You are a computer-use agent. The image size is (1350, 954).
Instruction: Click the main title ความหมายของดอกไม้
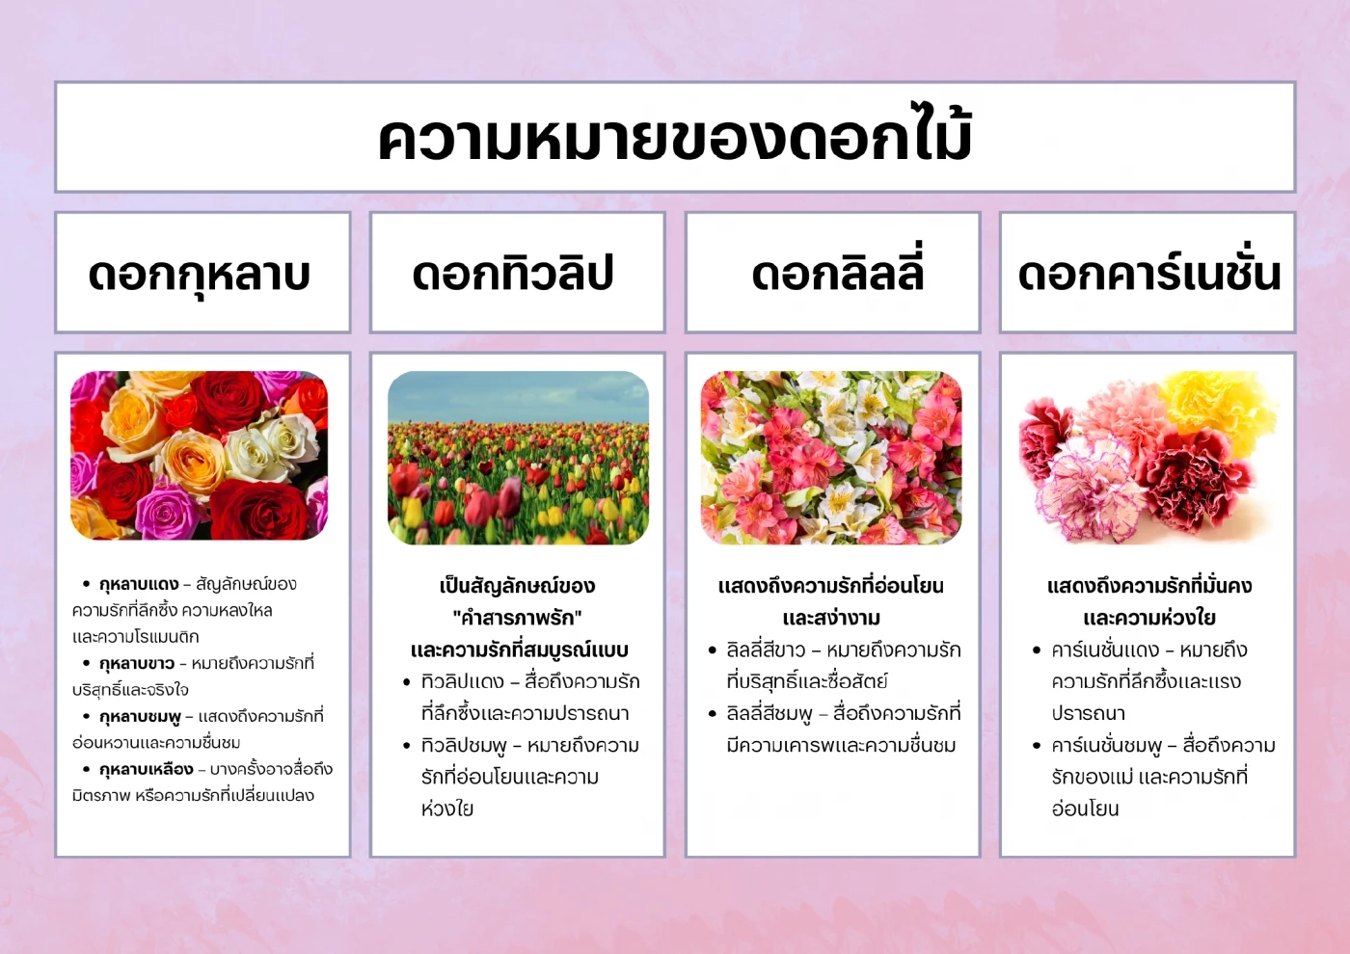tap(675, 138)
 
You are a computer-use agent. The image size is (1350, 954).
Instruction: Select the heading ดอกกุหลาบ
tap(200, 274)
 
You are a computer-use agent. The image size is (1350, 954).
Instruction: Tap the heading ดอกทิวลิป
tap(513, 274)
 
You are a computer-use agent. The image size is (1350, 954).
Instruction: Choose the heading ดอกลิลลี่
tap(837, 274)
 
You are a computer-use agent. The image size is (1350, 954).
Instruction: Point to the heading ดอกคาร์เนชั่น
tap(1148, 274)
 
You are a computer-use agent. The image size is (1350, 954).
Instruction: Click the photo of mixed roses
tap(200, 455)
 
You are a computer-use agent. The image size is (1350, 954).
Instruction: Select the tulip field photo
tap(518, 458)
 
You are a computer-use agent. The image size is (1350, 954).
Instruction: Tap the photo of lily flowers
tap(831, 458)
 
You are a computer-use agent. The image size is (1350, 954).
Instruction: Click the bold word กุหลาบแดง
tap(139, 584)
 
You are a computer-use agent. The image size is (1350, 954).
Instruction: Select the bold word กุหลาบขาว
tap(137, 664)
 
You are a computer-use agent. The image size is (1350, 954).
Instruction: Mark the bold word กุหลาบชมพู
tap(140, 717)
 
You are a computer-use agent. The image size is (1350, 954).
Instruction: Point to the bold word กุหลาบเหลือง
tap(146, 770)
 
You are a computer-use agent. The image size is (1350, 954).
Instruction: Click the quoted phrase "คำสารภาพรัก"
tap(517, 618)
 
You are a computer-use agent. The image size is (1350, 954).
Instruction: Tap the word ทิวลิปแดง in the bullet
tap(463, 682)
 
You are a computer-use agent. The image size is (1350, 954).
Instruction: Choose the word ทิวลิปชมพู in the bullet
tap(464, 746)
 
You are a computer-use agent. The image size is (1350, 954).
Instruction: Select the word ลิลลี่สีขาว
tap(766, 650)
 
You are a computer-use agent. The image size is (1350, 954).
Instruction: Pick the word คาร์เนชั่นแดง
tap(1105, 650)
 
